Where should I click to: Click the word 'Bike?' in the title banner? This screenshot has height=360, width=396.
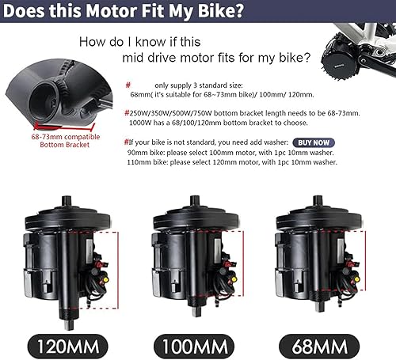tap(219, 12)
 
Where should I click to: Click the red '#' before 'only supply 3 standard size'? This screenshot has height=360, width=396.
tap(128, 82)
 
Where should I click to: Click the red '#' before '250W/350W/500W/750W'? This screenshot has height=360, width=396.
tap(128, 112)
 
